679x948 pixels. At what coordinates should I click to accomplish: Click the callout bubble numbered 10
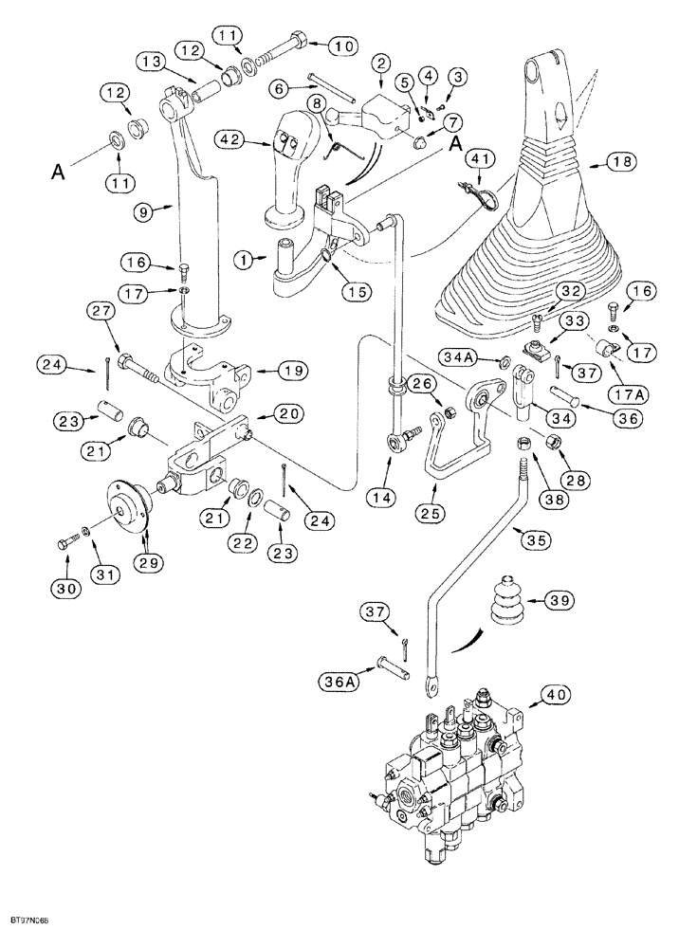click(317, 46)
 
